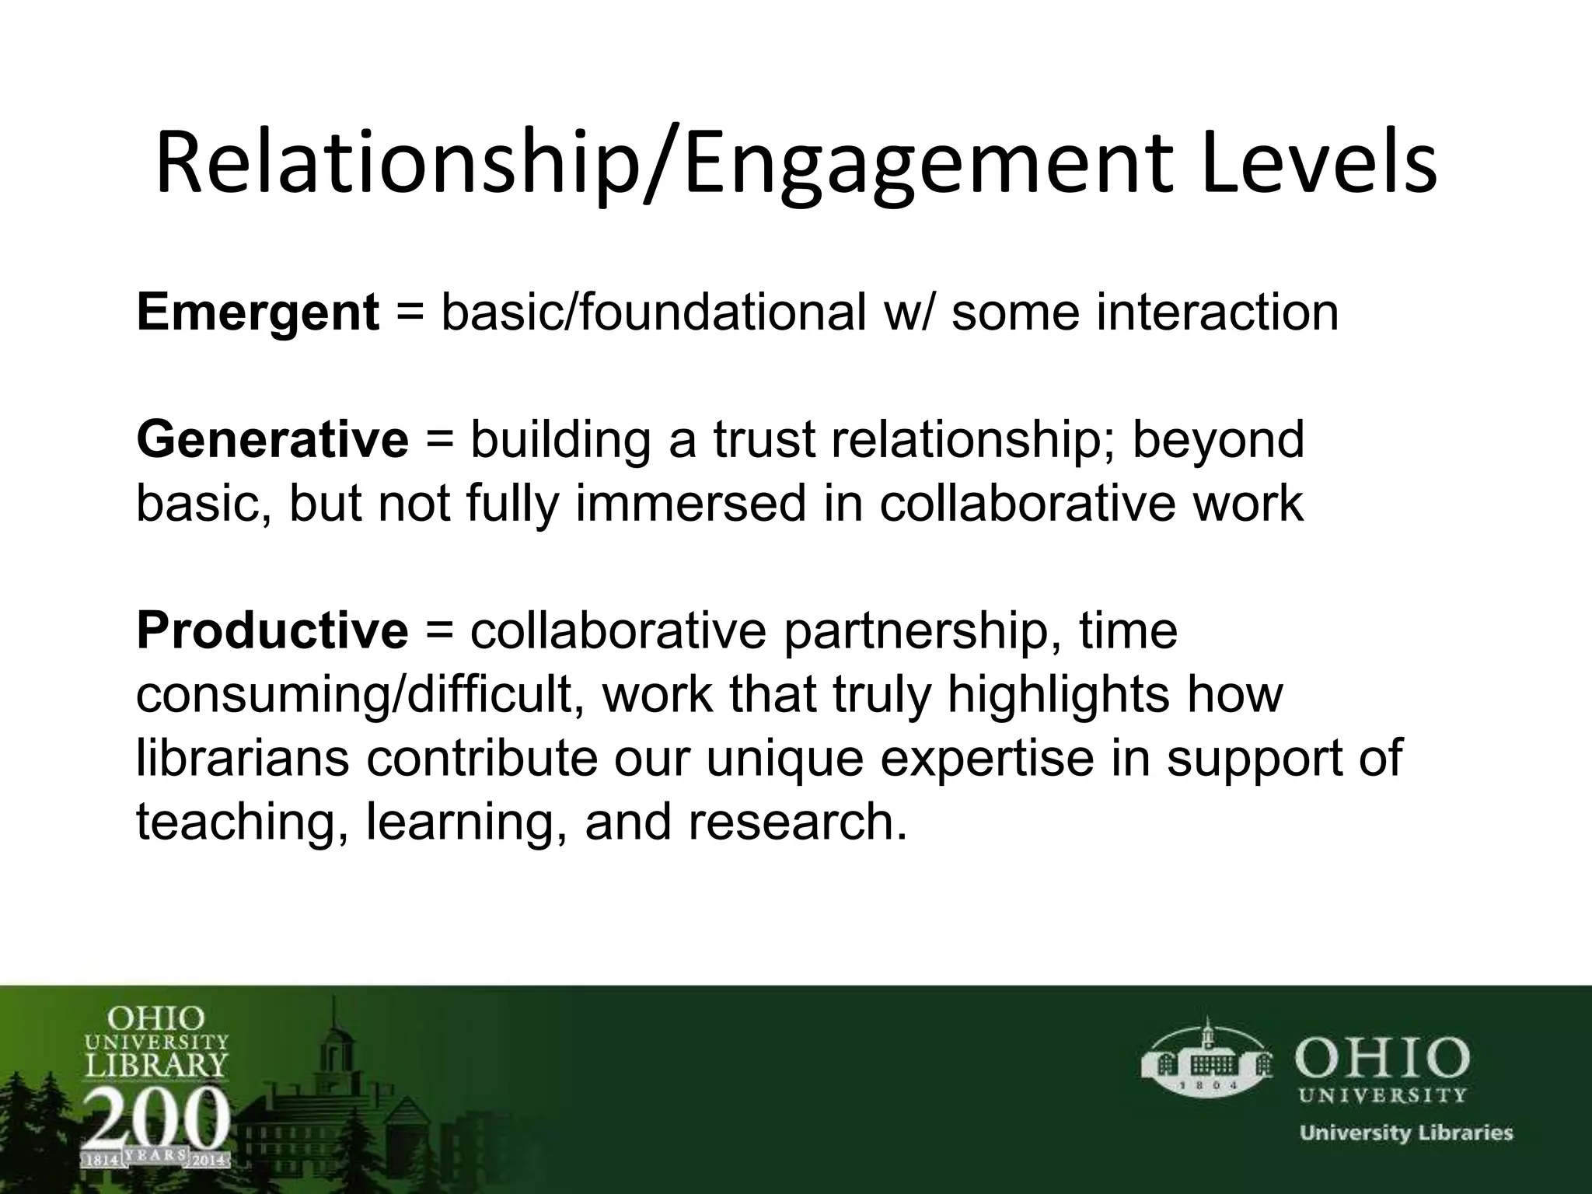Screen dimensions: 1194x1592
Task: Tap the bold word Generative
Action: point(272,440)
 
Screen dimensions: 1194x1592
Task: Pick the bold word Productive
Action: point(272,630)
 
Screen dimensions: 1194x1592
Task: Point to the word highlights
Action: point(1057,694)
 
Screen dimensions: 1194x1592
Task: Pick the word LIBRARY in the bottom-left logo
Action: point(155,1063)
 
